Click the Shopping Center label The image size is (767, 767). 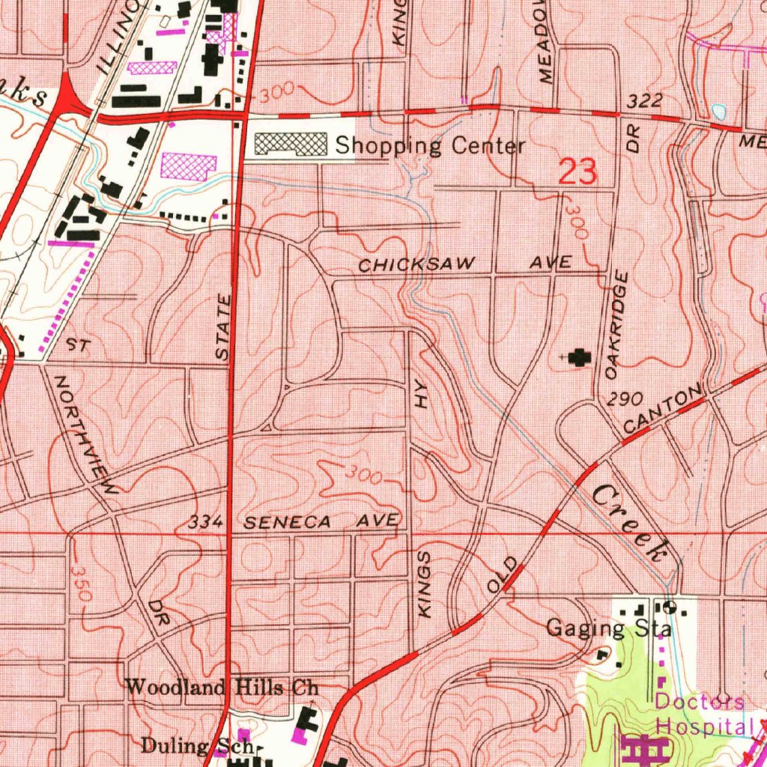tap(430, 145)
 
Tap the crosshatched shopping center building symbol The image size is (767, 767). tap(291, 145)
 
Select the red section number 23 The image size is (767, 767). tap(578, 173)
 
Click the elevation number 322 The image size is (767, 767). tap(646, 100)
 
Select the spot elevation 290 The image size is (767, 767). tap(625, 399)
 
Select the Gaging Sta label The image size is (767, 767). tap(608, 628)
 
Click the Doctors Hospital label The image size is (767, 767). tap(703, 713)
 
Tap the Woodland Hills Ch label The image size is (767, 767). tap(222, 686)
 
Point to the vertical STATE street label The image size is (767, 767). tap(223, 329)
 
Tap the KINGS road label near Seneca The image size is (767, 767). tap(425, 585)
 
